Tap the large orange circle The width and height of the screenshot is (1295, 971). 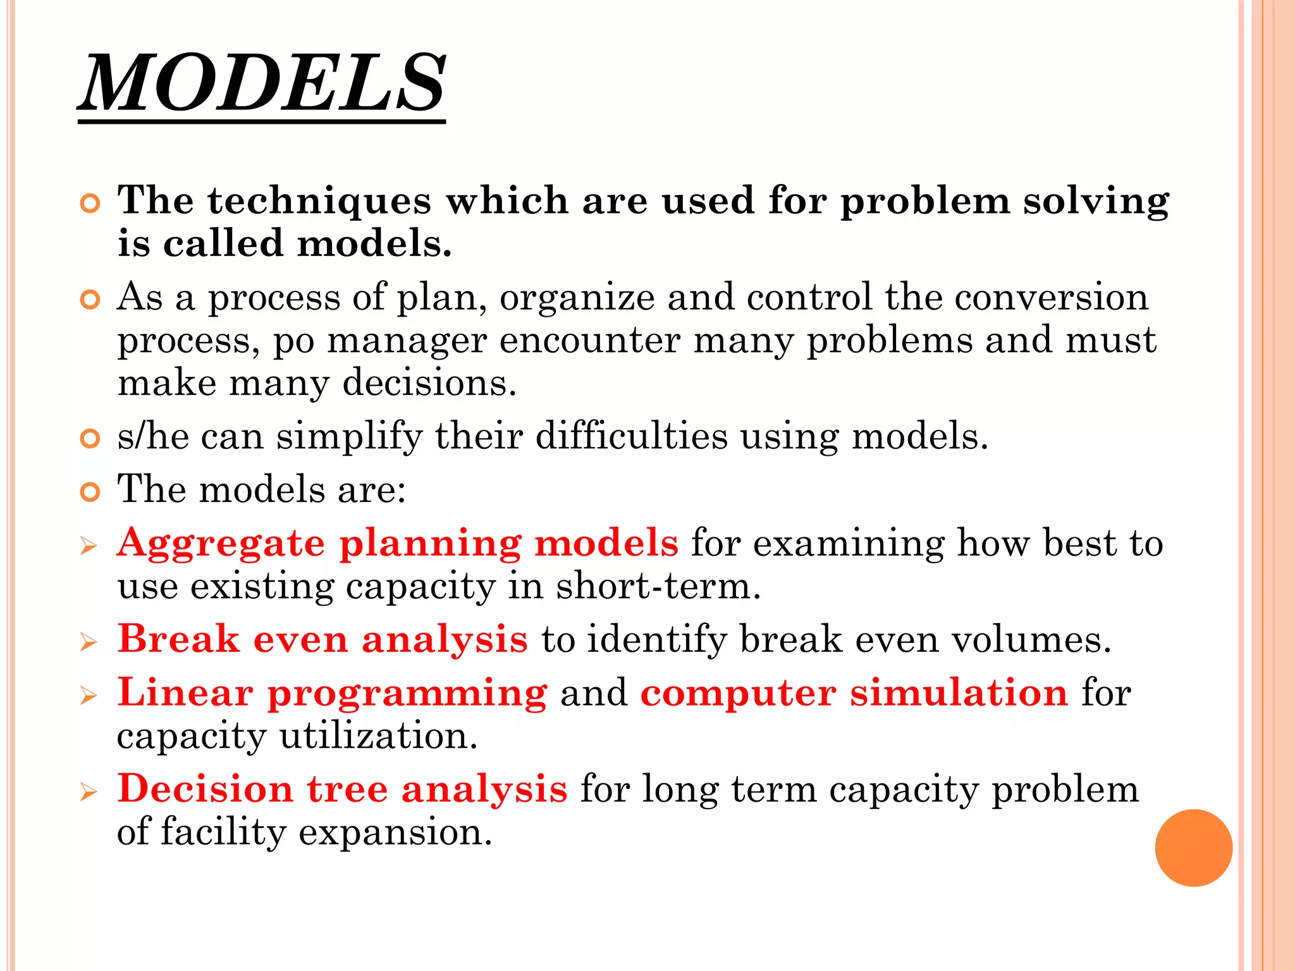coord(1193,848)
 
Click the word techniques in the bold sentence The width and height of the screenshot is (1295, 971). coord(319,201)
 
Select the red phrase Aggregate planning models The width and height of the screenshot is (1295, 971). coord(398,544)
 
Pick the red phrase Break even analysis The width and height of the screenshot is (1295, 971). coord(322,639)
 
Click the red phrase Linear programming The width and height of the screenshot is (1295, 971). coord(332,693)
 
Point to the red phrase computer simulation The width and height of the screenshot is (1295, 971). coord(854,693)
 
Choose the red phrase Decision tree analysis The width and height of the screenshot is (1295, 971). coord(342,790)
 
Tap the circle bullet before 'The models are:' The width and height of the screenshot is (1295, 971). coord(90,492)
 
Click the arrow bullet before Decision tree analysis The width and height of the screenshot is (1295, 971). coord(89,792)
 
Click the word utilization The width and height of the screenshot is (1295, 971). coord(378,736)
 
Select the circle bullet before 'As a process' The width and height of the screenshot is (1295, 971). coord(90,300)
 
